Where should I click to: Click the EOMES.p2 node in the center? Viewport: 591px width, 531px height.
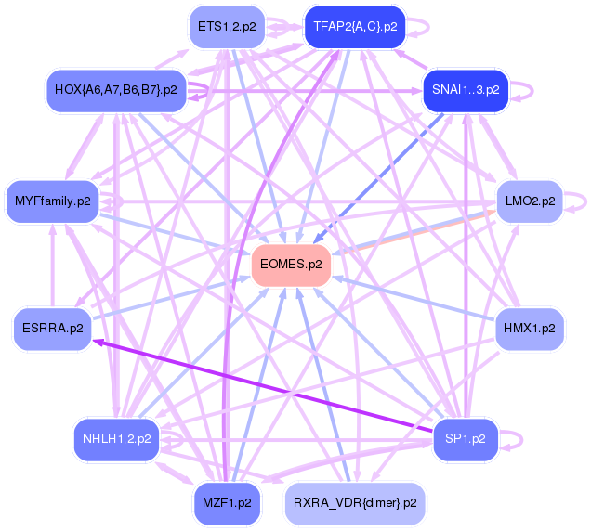292,265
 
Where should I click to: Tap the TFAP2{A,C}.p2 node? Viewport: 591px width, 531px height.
355,27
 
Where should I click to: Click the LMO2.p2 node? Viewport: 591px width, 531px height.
530,201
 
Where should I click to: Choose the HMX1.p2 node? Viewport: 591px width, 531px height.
529,329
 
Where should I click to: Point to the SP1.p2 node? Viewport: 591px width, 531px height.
466,439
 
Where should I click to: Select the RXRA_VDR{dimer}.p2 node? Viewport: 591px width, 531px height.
355,503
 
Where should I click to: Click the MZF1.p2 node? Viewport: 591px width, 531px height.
227,503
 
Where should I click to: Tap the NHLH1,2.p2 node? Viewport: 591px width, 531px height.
116,439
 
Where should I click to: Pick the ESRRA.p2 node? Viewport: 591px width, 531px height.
52,329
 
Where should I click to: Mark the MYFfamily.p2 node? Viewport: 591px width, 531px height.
52,201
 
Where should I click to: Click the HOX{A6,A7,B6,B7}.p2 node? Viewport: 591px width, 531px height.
116,90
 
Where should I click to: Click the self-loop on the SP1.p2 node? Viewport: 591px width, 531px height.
519,439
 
